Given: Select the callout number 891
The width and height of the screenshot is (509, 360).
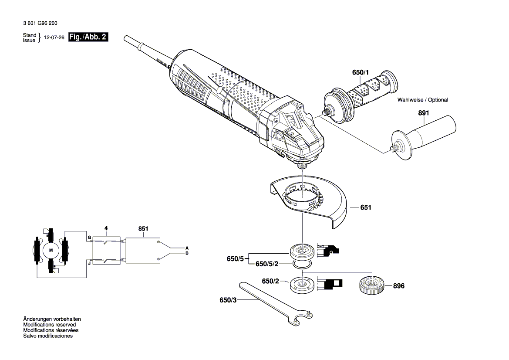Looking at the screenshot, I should click(424, 113).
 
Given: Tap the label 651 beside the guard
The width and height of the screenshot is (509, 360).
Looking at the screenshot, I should click(366, 208).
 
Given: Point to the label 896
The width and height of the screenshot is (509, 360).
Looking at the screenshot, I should click(398, 286).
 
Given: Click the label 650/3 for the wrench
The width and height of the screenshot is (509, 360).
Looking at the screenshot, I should click(229, 300).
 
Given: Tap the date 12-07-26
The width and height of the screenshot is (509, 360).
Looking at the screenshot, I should click(54, 38).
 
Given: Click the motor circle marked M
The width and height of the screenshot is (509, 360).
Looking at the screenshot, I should click(51, 250).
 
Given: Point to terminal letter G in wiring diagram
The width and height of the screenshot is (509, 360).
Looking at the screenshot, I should click(89, 238).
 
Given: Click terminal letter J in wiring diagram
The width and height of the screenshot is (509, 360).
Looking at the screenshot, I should click(89, 263).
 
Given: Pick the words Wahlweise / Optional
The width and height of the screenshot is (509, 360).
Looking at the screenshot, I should click(422, 100).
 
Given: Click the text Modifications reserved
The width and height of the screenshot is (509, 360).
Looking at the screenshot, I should click(49, 325).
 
